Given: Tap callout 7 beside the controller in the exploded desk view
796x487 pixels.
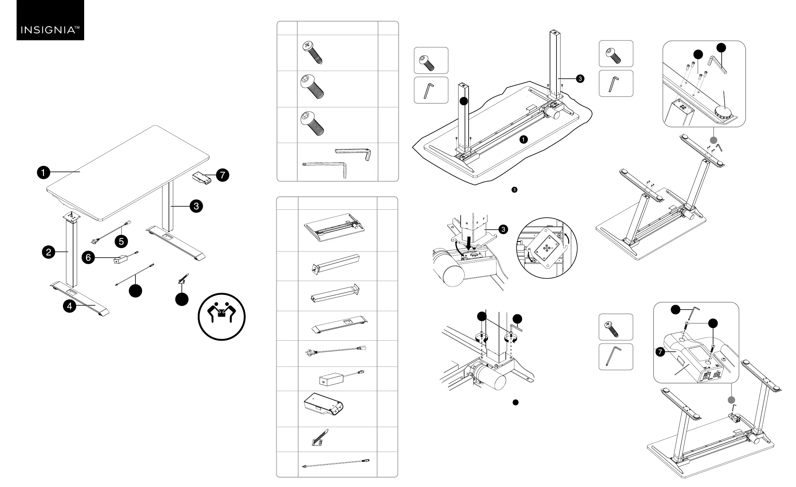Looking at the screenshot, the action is tap(223, 175).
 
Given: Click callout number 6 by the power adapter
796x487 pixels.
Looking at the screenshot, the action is tap(88, 257).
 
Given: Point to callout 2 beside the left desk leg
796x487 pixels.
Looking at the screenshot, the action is tap(49, 252).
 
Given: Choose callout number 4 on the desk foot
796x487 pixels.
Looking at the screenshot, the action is tap(70, 306).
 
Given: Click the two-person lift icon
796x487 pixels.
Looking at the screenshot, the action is tap(222, 317).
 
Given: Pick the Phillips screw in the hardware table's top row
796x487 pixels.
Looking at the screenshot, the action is tap(312, 52).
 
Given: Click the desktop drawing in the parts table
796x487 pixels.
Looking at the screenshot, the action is tap(334, 227).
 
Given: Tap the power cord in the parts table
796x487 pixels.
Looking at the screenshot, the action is tap(336, 350).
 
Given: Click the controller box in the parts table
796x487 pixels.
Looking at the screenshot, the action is tap(323, 404).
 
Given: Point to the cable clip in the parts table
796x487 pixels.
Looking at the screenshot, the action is tap(320, 438).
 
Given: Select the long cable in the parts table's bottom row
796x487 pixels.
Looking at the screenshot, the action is tap(336, 463).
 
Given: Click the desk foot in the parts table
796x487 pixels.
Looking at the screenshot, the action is tap(340, 324).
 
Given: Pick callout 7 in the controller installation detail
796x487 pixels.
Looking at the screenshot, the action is tap(660, 352).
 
